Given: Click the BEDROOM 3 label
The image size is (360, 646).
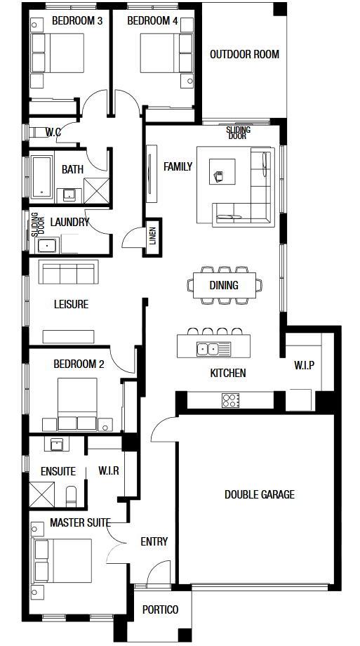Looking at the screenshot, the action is tap(77, 21).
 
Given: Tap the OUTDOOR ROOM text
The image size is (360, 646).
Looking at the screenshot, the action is tap(244, 54).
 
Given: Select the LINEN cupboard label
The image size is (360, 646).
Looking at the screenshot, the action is tap(152, 236).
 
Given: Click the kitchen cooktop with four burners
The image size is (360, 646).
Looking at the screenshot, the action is tap(231, 400).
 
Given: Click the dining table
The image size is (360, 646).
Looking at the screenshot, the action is tap(225, 285).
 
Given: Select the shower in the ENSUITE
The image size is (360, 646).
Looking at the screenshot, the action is tap(41, 494).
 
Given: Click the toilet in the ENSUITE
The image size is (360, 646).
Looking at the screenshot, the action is tap(72, 496).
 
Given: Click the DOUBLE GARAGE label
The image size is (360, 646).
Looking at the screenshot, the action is tap(260, 494).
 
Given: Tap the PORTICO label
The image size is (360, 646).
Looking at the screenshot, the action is tap(160, 609).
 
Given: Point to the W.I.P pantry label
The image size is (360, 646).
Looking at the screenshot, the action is tap(305, 365).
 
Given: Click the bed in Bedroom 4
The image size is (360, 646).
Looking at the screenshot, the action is tap(167, 53).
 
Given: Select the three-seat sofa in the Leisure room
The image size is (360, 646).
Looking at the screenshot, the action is tap(68, 272).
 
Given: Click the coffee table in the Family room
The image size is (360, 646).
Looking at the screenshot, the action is tap(222, 172).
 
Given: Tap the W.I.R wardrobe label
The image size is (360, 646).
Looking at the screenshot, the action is tap(109, 470).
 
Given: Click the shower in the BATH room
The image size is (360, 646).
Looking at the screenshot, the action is tap(97, 190).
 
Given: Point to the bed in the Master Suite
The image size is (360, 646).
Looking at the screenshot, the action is tap(62, 561).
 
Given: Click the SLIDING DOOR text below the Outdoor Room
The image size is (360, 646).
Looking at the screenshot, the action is tap(238, 133).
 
